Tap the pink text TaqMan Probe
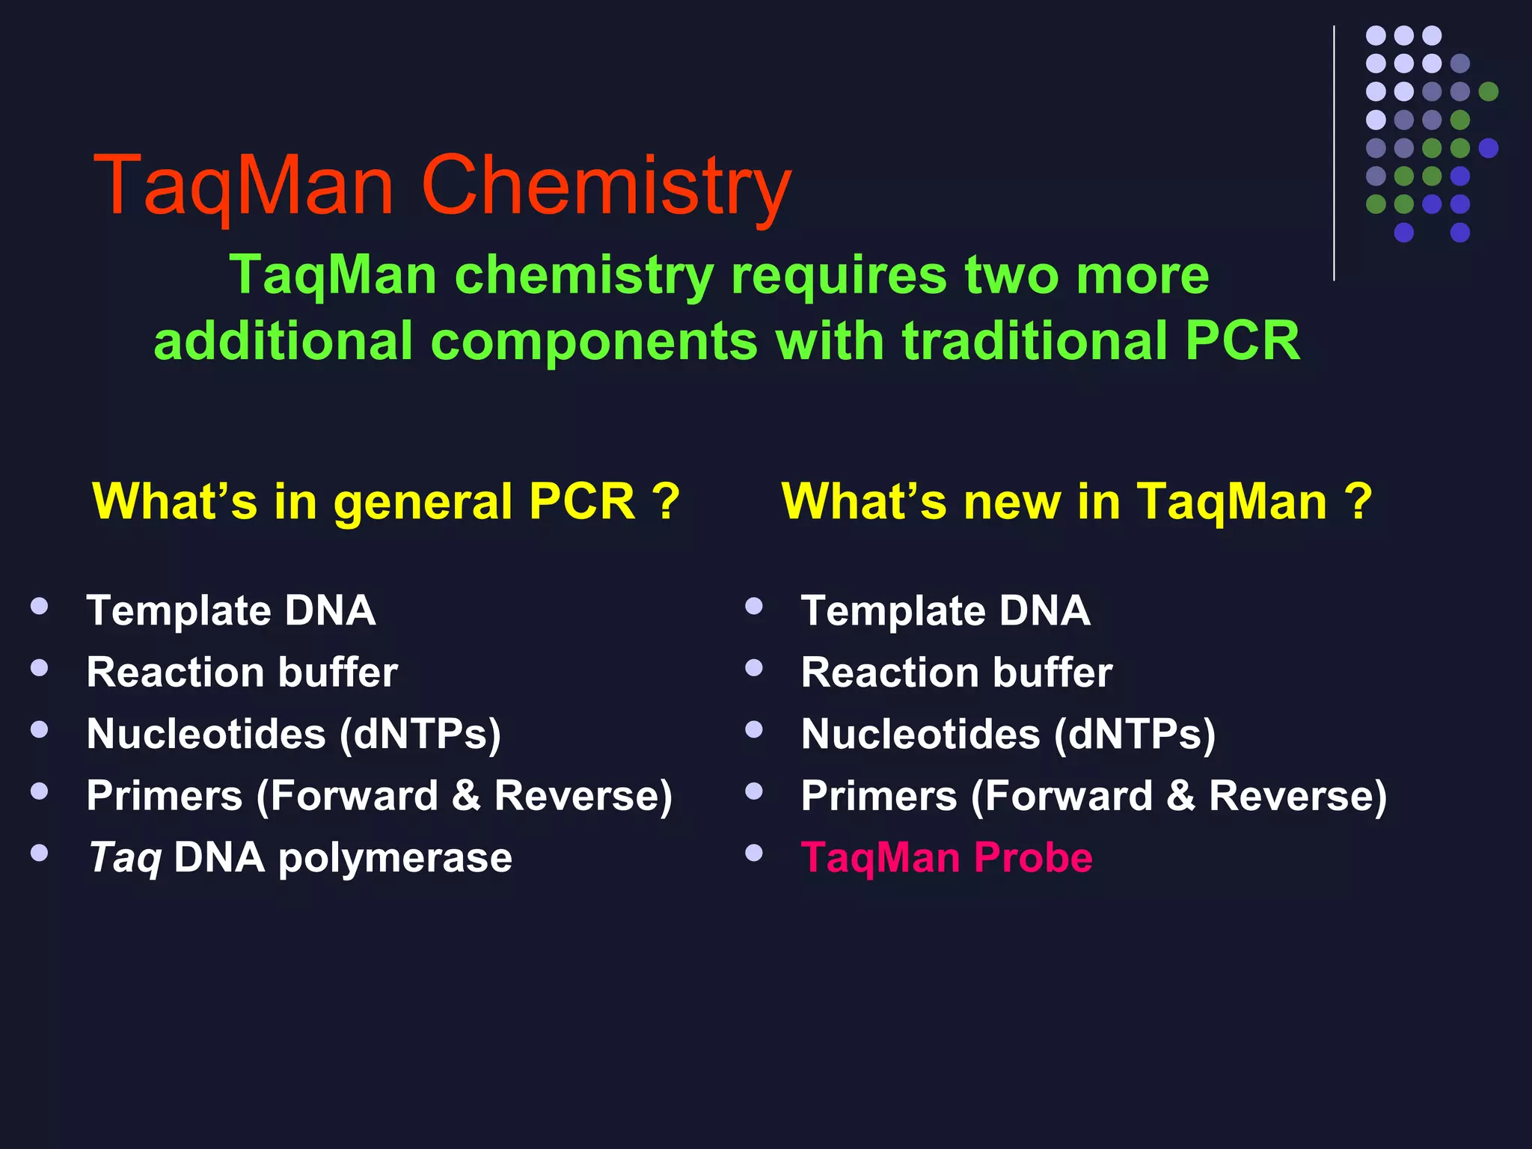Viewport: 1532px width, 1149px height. click(x=946, y=857)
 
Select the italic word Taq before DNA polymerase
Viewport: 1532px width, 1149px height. click(x=124, y=857)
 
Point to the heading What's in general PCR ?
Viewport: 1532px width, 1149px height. click(x=385, y=500)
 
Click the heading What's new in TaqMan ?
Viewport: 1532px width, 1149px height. click(x=1076, y=500)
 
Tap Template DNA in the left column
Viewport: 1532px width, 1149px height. click(x=230, y=611)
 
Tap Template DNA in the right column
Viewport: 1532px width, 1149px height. click(x=945, y=611)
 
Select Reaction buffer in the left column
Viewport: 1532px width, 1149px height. click(x=242, y=672)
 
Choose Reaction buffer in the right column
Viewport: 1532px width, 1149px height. click(x=956, y=672)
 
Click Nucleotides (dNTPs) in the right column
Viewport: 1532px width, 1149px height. click(x=1008, y=734)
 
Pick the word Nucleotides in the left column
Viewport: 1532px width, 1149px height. click(x=206, y=734)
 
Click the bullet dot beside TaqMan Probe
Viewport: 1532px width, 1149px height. click(x=754, y=853)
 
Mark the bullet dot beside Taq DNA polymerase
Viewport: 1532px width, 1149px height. click(x=40, y=853)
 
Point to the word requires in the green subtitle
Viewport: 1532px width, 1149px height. click(x=839, y=275)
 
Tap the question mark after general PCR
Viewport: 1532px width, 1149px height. click(x=666, y=500)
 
